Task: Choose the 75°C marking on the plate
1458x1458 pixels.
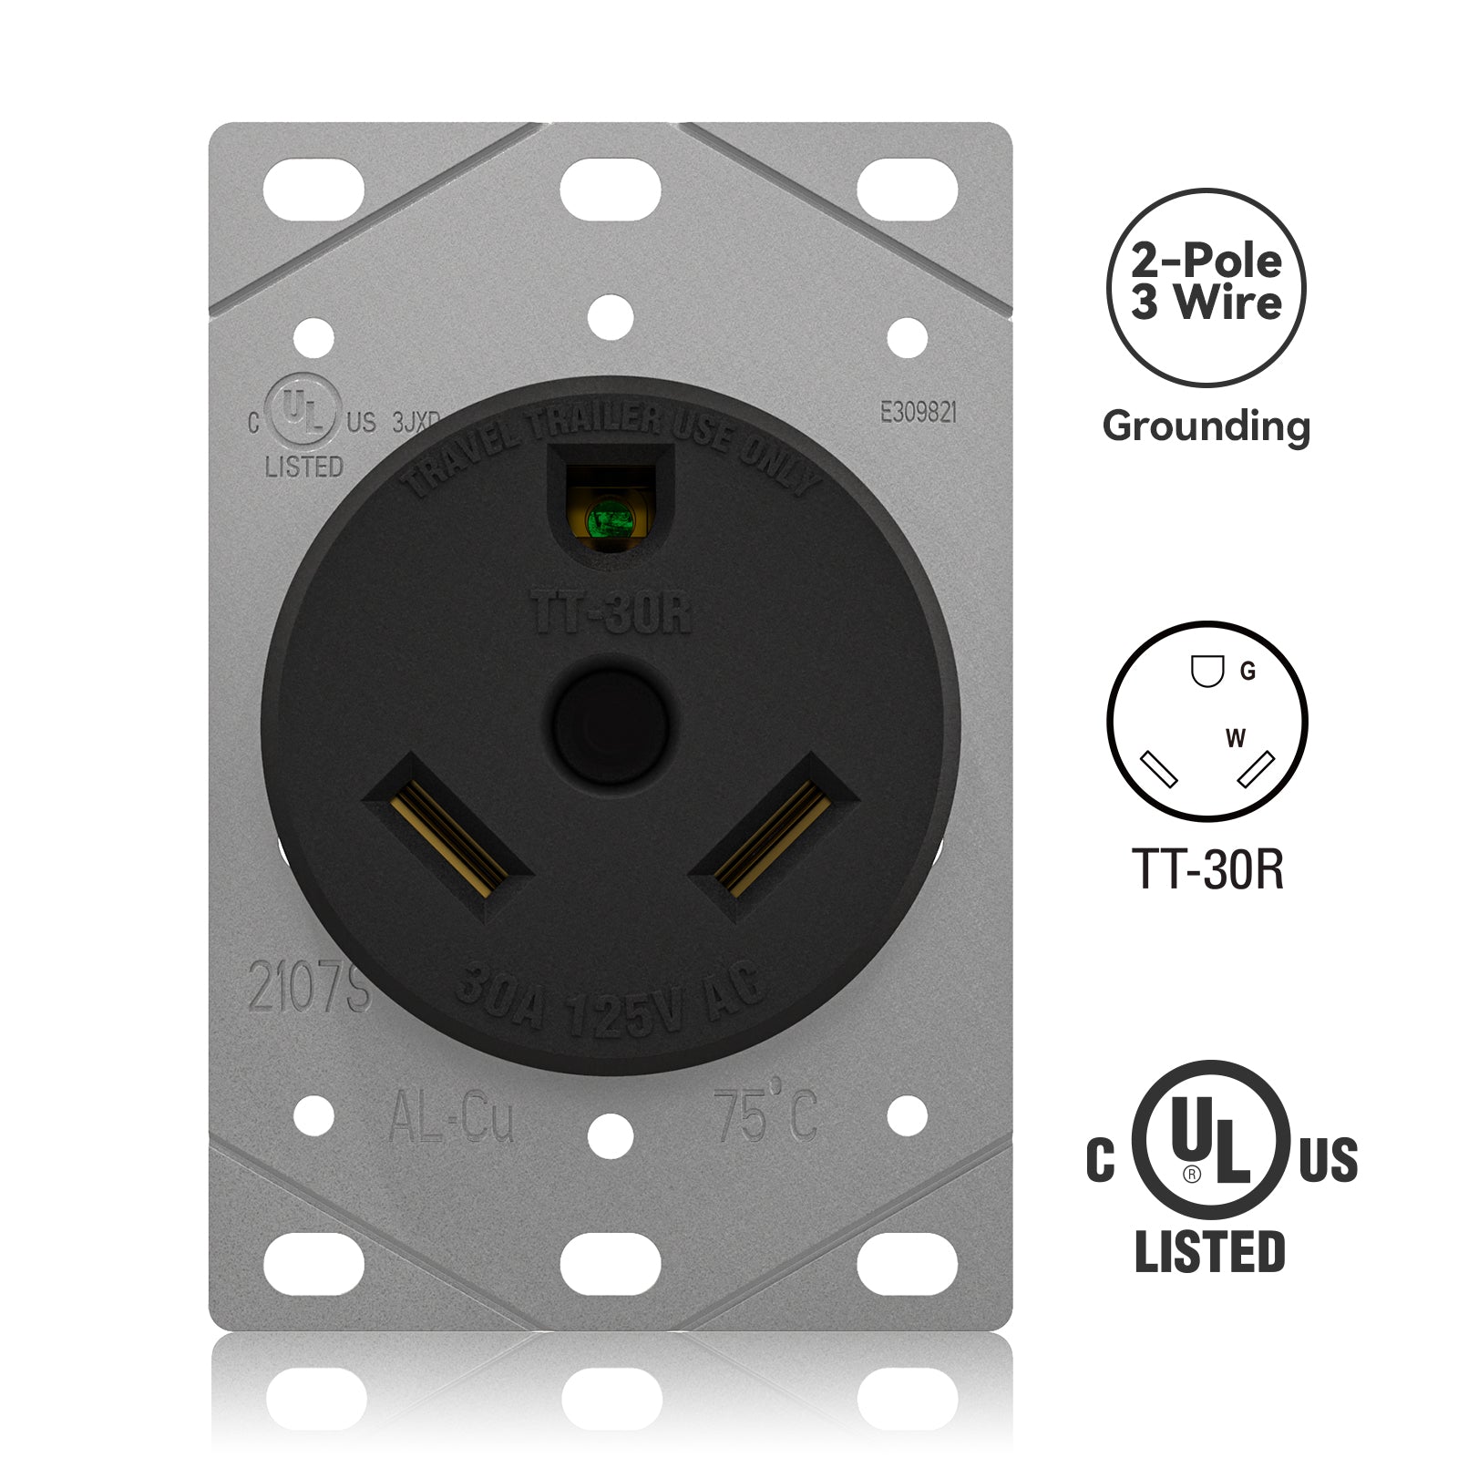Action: point(765,1115)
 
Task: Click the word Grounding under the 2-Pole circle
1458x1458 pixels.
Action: point(1206,426)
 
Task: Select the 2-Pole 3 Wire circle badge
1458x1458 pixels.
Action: point(1206,287)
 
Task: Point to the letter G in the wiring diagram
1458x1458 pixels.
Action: point(1248,672)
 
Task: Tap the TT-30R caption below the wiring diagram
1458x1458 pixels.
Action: point(1206,868)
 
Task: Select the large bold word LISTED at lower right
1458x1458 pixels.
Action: point(1209,1251)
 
